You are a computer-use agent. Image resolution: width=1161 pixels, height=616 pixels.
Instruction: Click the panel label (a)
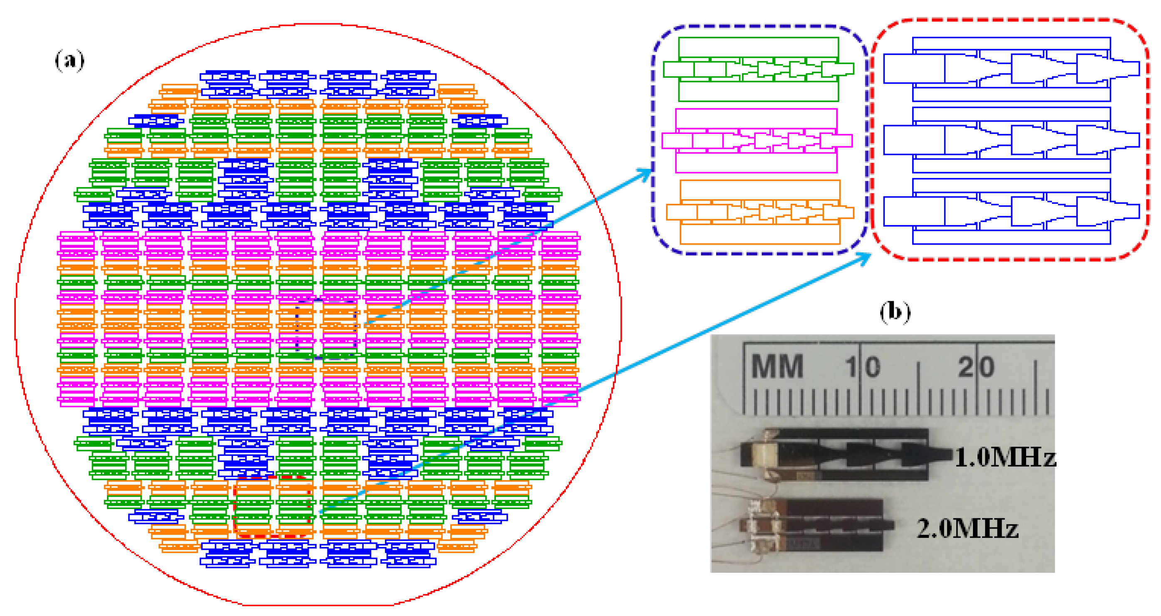coord(69,60)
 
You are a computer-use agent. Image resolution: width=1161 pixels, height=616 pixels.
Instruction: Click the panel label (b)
coord(895,312)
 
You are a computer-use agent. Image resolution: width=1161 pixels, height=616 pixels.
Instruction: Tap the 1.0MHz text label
coord(1005,457)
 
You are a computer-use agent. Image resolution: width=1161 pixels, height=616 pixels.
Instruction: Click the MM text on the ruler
coord(777,366)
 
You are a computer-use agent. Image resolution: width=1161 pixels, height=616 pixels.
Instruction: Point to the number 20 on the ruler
coord(976,367)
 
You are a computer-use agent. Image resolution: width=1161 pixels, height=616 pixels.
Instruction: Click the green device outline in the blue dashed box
coord(758,69)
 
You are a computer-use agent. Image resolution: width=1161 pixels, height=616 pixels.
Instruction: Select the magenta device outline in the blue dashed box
coord(756,141)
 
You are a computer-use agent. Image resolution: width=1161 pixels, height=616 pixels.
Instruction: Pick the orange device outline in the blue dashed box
coord(760,212)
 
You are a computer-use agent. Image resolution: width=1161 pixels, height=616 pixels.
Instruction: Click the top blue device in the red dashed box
coord(1011,69)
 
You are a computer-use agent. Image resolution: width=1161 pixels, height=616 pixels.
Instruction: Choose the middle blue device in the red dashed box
coord(1011,140)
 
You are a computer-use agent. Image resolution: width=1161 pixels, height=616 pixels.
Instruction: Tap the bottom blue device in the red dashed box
coord(1011,211)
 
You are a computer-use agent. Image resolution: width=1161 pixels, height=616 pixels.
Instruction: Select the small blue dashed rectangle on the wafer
coord(326,329)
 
